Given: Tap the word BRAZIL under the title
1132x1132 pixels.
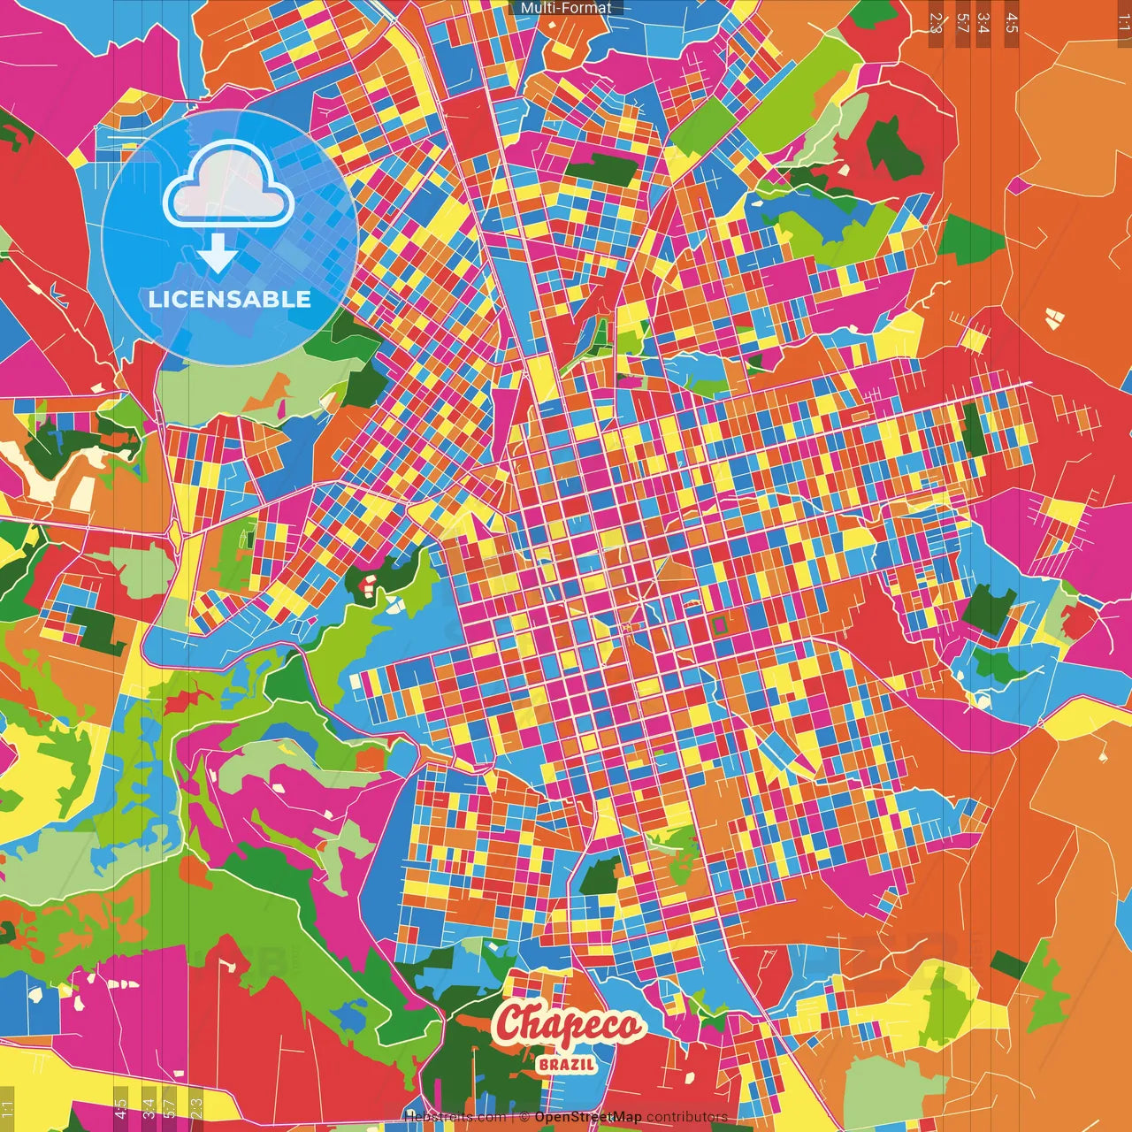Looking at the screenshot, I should (x=566, y=1064).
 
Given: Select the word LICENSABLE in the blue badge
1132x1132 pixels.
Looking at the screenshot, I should (x=230, y=299).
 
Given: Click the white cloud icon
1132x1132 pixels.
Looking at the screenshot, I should (x=228, y=187).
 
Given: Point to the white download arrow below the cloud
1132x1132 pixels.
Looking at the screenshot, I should (x=217, y=256).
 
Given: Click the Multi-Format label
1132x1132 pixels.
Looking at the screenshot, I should (x=566, y=8).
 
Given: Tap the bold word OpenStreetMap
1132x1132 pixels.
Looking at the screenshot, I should (x=587, y=1117).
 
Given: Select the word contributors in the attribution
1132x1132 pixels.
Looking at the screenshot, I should (x=687, y=1117).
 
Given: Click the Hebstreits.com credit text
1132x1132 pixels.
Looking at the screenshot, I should (x=455, y=1117).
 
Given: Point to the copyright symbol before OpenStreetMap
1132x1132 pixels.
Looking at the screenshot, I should (x=524, y=1117).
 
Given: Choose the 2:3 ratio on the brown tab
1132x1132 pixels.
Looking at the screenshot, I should (x=936, y=22).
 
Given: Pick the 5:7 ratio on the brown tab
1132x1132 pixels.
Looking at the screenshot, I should (x=962, y=22).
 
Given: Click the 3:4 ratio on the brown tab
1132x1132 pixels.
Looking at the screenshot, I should (x=983, y=22).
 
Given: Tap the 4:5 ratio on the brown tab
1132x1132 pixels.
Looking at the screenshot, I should (x=1011, y=22).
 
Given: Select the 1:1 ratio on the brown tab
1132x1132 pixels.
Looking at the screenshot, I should (x=1123, y=22).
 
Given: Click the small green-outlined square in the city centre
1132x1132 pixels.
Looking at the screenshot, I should (x=719, y=625).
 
